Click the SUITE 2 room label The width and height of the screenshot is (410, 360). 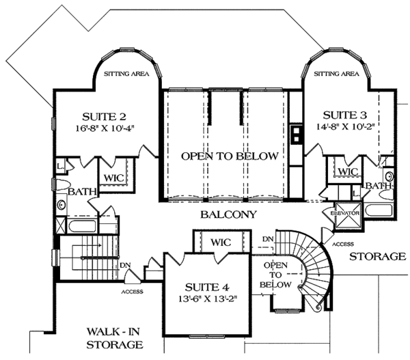click(102, 115)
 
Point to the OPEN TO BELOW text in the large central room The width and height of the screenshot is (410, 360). click(230, 156)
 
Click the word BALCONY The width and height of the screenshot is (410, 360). click(228, 214)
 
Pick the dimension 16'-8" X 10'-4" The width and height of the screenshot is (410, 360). click(102, 128)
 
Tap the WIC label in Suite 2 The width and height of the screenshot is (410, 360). click(113, 178)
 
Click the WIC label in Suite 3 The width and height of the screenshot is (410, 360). click(348, 171)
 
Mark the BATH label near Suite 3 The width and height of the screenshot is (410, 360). click(377, 185)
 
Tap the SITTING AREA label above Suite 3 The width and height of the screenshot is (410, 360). click(336, 73)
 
